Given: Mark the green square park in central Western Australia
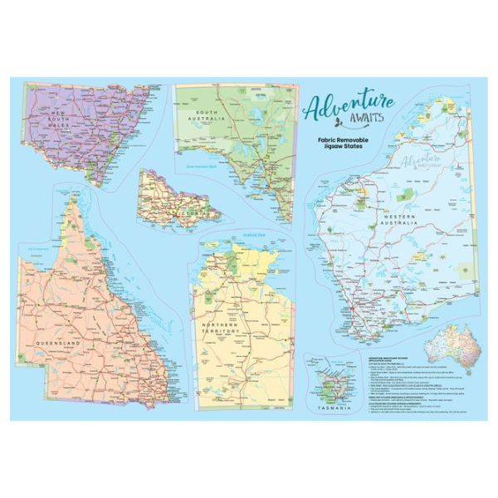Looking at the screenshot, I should pyautogui.click(x=404, y=197).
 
